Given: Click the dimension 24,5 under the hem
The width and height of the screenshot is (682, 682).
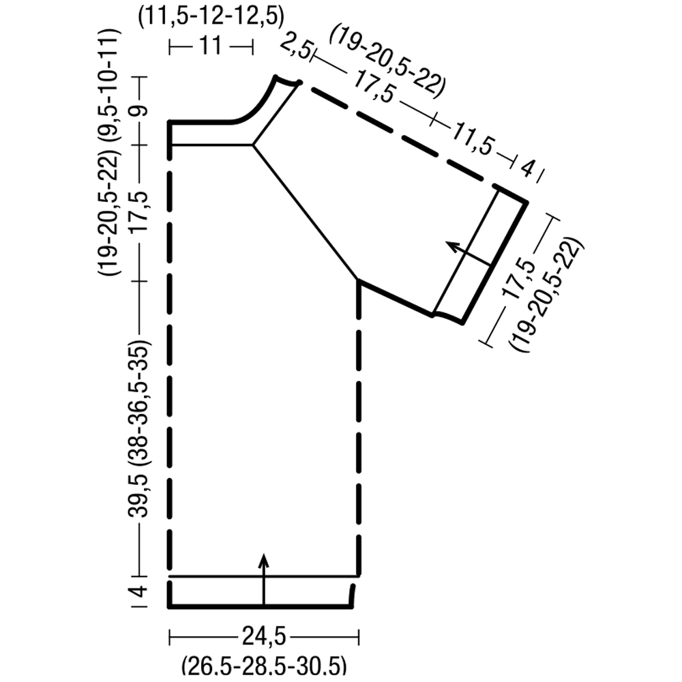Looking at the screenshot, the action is click(263, 637).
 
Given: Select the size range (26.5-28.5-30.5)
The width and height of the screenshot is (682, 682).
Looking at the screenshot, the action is click(264, 666).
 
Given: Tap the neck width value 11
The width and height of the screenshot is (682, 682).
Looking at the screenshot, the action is click(211, 46).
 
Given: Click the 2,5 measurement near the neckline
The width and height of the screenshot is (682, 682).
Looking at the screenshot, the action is click(296, 48).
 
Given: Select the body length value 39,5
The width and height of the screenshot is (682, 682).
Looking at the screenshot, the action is click(138, 496).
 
